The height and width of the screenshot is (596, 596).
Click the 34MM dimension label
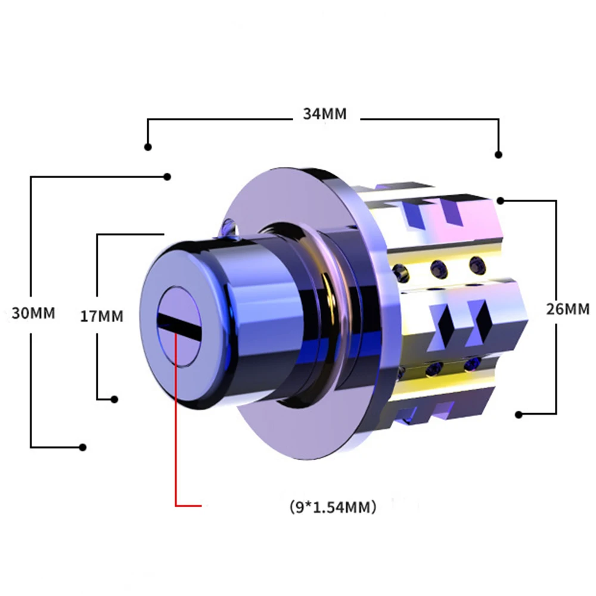point(325,114)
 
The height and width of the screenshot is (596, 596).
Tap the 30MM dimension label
point(33,313)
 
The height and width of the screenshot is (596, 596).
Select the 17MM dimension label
point(102,316)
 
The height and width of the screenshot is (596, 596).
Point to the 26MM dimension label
point(568,309)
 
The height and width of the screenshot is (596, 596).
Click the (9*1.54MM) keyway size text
point(333,507)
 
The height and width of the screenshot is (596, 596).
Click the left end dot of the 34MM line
point(148,147)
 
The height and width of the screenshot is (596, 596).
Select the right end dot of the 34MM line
point(499,154)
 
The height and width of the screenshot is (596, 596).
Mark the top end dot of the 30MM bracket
point(167,177)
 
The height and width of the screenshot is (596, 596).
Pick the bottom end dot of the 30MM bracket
point(82,448)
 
